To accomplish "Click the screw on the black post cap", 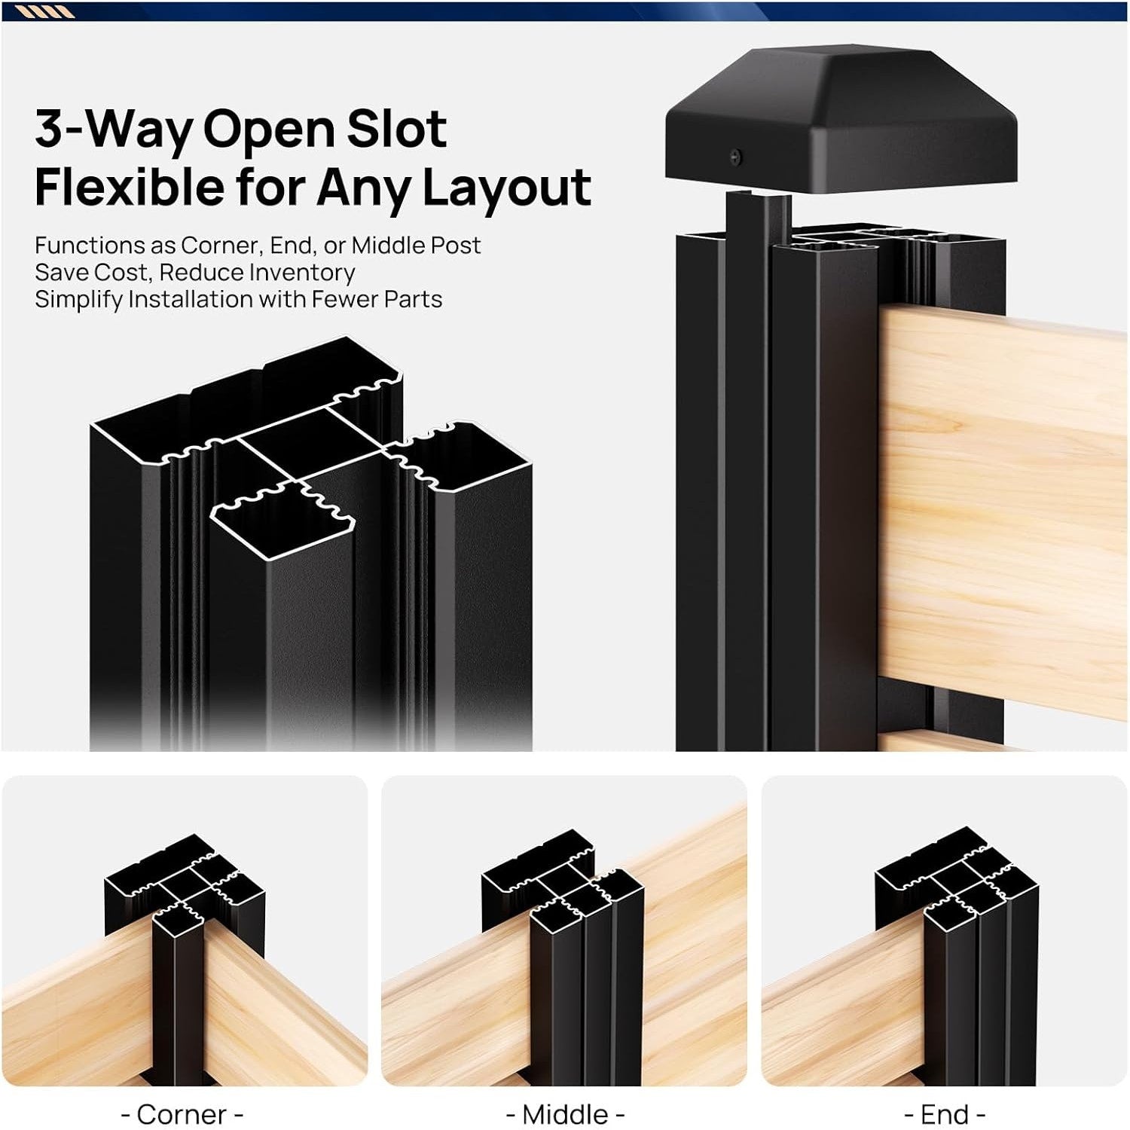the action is point(737,157).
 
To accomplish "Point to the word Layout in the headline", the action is point(506,188).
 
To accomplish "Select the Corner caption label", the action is point(182,1114).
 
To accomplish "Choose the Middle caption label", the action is point(565,1114).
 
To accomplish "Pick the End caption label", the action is point(945,1114).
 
